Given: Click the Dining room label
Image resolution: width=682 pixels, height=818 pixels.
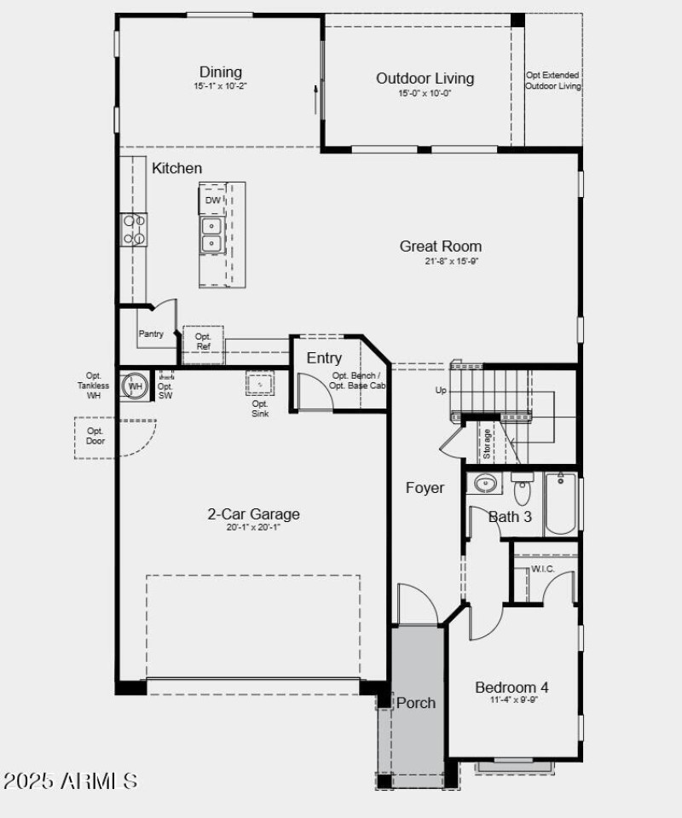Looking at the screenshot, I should [221, 73].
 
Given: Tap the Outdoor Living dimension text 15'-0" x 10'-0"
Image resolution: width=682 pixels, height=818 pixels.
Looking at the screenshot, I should [425, 94].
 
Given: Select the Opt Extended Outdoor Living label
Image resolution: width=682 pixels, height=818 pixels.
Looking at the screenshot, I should [552, 81].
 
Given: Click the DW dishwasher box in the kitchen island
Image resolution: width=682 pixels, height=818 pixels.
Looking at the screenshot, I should [212, 200].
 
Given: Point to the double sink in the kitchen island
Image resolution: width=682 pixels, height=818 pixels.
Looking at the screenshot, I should [211, 235].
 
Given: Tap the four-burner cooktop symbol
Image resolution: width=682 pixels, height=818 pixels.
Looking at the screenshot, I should [134, 229].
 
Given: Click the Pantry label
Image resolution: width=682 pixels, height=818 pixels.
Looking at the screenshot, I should [151, 334].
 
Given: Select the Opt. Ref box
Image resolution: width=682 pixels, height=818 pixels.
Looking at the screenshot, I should [203, 341].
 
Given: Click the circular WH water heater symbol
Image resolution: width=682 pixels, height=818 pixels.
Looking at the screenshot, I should [135, 386].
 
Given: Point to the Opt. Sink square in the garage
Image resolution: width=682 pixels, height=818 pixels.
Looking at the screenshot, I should [260, 384].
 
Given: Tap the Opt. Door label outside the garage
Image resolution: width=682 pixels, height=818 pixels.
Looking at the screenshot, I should [95, 437].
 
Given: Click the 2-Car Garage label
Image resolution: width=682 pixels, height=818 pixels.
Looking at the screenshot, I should [253, 514].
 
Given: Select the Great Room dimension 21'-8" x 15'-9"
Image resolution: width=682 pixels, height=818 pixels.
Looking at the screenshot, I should [452, 262].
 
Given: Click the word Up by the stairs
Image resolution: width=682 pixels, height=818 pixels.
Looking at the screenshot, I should [441, 391].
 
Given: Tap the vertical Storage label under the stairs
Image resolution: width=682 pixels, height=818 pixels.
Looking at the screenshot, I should [487, 444].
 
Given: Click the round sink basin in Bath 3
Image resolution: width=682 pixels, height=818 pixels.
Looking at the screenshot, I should [486, 484].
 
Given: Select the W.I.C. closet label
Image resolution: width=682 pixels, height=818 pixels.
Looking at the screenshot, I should [543, 569].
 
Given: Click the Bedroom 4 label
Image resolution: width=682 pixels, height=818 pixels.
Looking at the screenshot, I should [511, 687].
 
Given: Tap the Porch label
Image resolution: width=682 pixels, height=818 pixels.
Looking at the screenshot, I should [416, 703].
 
